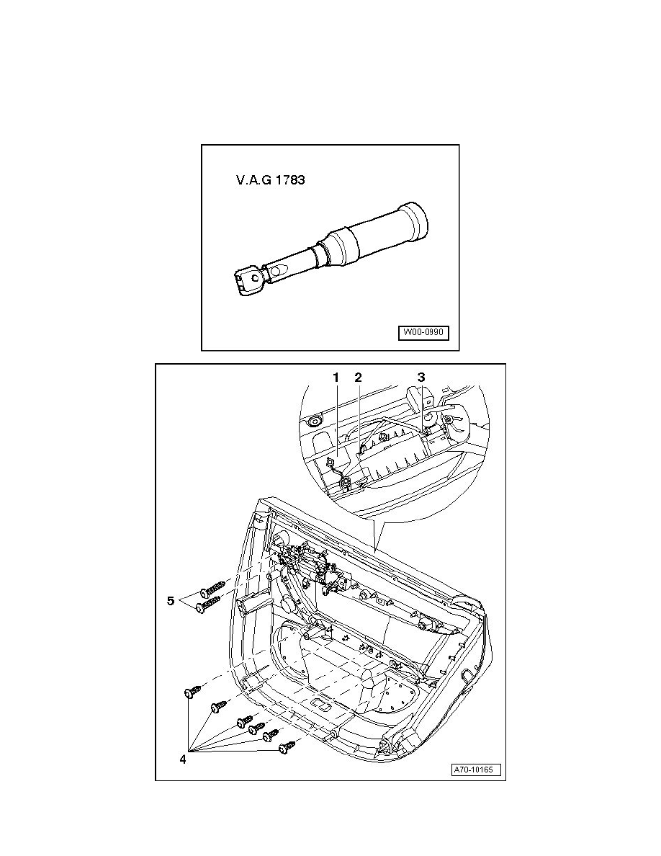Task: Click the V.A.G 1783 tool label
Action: coord(270,179)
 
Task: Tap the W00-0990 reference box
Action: coord(423,332)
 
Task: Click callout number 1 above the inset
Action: coord(336,377)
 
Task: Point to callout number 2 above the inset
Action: coord(358,377)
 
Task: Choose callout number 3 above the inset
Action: coord(421,377)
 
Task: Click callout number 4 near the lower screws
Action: coord(183,759)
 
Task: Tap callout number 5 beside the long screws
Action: coord(171,600)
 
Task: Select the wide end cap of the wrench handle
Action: coord(415,222)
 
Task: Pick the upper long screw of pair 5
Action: coord(212,589)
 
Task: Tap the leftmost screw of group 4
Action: coord(192,690)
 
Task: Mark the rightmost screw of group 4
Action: coord(287,746)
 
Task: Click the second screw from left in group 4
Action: coord(219,706)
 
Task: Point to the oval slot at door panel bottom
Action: coord(320,705)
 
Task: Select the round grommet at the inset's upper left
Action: coord(315,422)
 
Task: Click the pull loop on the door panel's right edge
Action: coord(468,676)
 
